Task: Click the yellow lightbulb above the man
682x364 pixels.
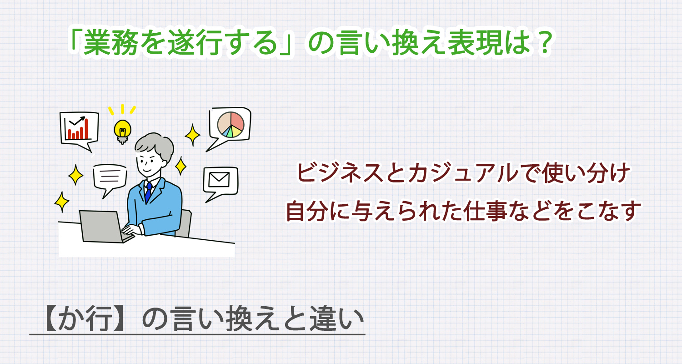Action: (122, 129)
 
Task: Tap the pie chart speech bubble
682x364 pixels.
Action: (230, 125)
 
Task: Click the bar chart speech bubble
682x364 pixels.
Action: (79, 128)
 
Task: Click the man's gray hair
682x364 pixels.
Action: (155, 146)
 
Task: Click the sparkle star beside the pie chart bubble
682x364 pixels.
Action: (193, 135)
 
